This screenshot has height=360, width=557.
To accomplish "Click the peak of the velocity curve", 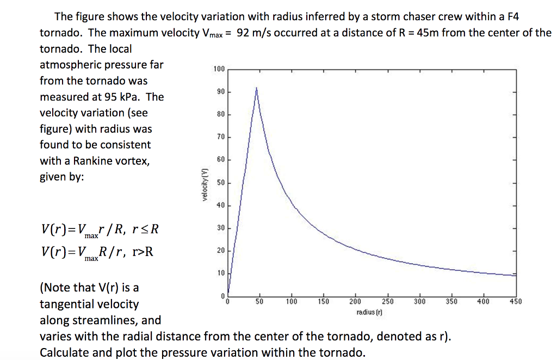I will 256,88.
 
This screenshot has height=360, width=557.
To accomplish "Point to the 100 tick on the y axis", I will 219,69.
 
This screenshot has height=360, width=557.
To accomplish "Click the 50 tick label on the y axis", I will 220,183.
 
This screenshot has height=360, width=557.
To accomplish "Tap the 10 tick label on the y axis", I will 220,273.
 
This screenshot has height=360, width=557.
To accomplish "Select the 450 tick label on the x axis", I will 515,301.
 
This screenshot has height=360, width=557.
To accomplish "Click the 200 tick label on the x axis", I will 355,301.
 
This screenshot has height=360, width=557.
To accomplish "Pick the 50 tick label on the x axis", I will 260,301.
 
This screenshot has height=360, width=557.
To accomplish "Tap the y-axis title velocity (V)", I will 205,183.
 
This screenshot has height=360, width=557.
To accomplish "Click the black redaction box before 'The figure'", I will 42,17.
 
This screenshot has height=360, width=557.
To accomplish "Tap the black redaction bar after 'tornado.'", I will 462,352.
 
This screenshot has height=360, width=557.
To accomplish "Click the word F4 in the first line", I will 512,17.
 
